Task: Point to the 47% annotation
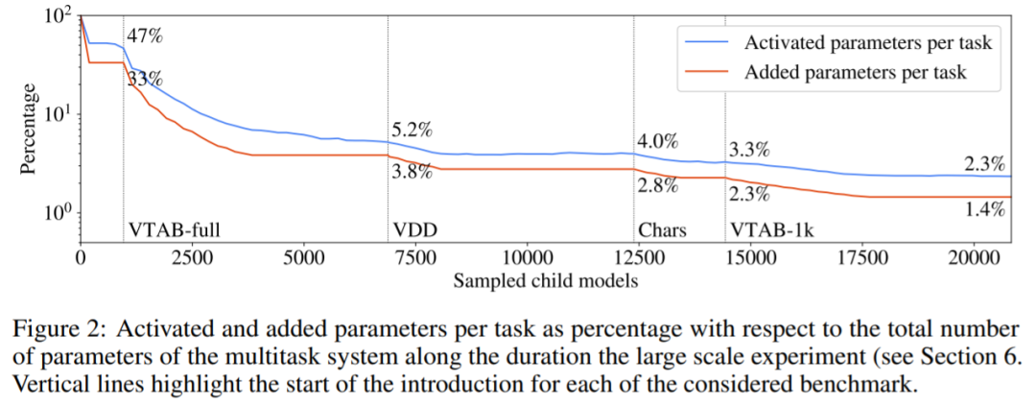tap(145, 37)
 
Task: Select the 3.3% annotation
tap(749, 150)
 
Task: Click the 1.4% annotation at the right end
tap(983, 207)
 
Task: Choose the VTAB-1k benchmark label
tap(769, 231)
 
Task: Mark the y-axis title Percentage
tap(29, 129)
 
